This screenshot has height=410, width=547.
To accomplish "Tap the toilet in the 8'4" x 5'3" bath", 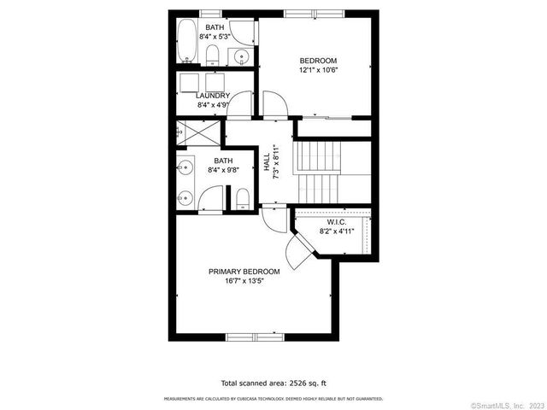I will (x=213, y=56).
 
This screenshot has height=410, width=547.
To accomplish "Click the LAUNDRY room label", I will (x=213, y=96).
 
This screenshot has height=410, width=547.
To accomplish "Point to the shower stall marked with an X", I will (x=186, y=133).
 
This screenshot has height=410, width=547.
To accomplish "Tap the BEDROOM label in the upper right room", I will (x=317, y=60).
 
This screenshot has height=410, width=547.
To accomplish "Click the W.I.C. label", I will (x=335, y=221).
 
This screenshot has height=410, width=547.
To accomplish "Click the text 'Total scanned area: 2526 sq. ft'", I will (x=273, y=384).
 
